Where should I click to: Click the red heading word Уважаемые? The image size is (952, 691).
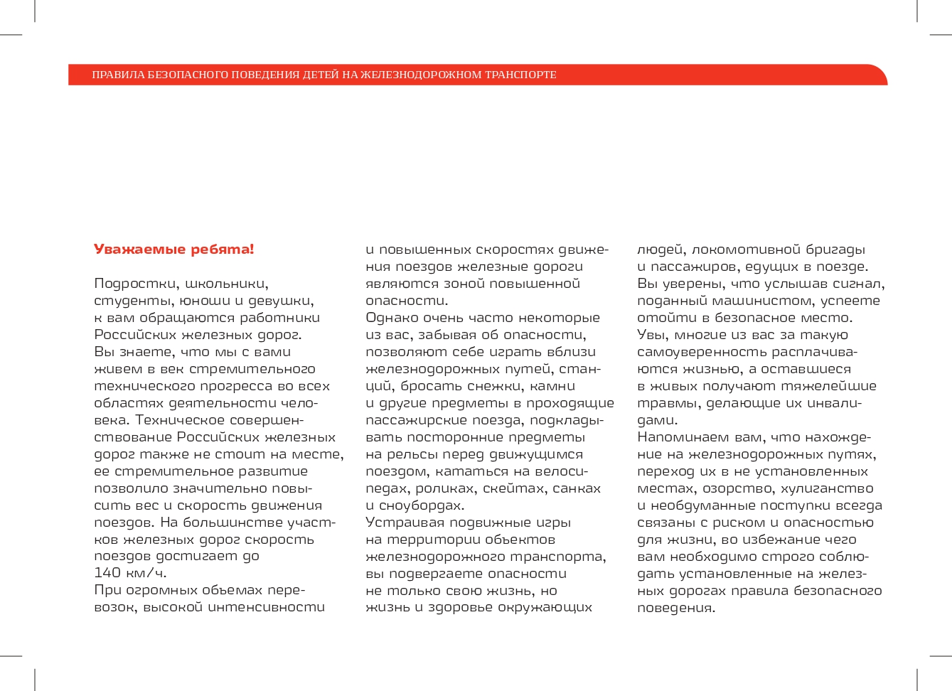tap(129, 250)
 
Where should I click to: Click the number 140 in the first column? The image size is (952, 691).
tap(107, 573)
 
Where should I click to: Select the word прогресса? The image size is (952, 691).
tap(236, 386)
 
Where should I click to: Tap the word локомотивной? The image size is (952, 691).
tap(745, 250)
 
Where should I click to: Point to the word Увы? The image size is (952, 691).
tap(651, 335)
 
